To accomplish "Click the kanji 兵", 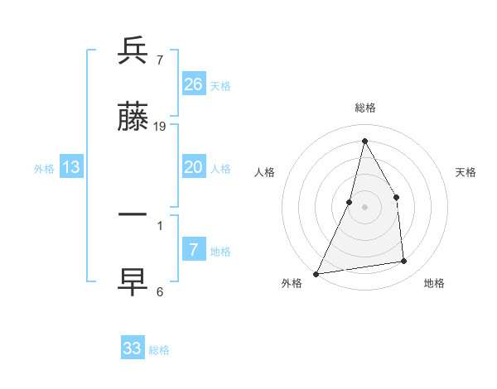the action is coord(133,51).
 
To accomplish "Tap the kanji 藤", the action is coord(133,118).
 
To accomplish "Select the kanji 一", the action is coord(133,215).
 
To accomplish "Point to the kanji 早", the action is coord(133,281).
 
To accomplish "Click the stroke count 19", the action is coord(160,126).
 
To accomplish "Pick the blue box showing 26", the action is coord(194,84).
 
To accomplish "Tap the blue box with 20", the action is coord(194,167).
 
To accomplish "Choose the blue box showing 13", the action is coord(71,167).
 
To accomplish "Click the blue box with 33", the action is coord(133,348).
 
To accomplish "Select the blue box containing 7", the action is coord(194,250).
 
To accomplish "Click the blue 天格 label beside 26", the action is coord(220,86).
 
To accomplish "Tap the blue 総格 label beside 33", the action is coord(159,350).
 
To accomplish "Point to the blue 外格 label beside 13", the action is coord(44,169).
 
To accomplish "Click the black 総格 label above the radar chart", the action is coord(364,108).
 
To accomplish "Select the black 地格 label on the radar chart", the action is coord(434,283).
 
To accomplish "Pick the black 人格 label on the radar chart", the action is coord(264,172).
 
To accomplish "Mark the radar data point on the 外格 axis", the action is coord(316,274).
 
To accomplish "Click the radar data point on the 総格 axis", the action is coord(364,140).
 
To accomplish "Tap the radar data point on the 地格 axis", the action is coord(404,262).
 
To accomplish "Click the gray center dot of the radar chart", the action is coord(364,207).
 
